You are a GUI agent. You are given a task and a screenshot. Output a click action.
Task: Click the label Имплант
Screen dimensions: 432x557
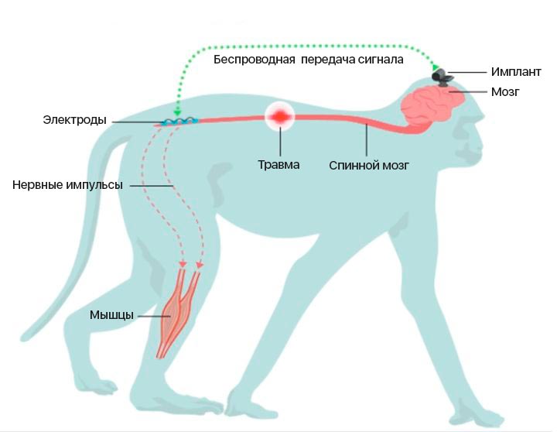pos(515,71)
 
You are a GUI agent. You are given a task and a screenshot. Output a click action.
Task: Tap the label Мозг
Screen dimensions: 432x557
pos(504,92)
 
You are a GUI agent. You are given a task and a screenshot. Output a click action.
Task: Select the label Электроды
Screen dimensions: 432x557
pos(75,121)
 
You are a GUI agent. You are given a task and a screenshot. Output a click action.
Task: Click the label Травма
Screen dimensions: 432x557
pos(278,164)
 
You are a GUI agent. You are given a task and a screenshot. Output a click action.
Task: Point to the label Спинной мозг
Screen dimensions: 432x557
pos(364,165)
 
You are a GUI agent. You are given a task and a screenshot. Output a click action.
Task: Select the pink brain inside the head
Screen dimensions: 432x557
pos(436,107)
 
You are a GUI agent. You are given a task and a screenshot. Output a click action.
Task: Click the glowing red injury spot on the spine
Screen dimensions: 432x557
pos(279,117)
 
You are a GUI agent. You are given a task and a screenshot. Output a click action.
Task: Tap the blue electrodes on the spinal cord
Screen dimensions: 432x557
pos(179,122)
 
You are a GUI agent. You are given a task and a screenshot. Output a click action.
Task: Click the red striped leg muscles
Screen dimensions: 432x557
pos(179,310)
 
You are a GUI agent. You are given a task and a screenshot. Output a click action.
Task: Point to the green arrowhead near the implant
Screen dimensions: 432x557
pos(436,67)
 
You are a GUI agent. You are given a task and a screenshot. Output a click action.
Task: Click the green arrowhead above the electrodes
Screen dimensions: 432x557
pos(177,113)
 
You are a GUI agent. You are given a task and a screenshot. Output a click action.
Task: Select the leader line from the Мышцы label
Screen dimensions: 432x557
pos(152,315)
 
